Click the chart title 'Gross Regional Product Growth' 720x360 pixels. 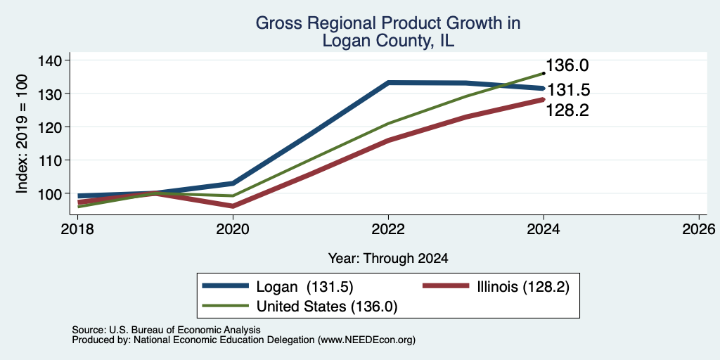(388, 23)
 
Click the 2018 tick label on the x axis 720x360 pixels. (77, 229)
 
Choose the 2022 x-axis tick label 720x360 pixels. (388, 229)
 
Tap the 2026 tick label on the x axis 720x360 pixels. (698, 229)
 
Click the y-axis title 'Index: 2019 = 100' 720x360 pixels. (22, 134)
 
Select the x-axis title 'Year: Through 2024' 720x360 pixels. (388, 259)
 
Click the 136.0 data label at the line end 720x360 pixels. (567, 65)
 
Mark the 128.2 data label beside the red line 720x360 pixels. (567, 110)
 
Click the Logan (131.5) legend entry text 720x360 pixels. (304, 287)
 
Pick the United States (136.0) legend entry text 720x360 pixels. (326, 307)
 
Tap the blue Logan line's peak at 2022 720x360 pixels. (388, 83)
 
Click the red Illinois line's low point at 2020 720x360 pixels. (233, 206)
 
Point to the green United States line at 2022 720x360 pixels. (388, 124)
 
